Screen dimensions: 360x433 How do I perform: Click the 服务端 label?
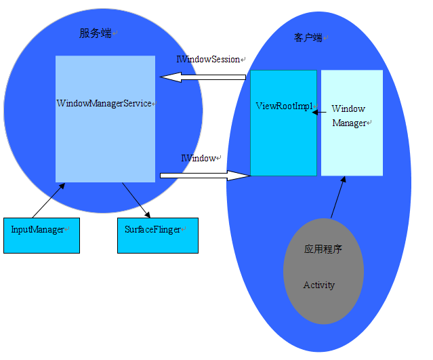tap(95, 33)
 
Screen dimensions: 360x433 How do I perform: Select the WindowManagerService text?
tap(104, 104)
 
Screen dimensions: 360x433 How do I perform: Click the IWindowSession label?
tap(209, 60)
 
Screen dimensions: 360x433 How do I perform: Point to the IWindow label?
tap(199, 158)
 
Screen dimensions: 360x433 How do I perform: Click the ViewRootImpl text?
tap(284, 106)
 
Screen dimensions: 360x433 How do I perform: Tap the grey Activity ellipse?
tap(323, 271)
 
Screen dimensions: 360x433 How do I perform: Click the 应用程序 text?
tap(323, 249)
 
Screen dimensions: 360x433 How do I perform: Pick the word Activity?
tap(319, 285)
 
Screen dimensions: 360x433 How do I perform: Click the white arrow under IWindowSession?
tap(203, 77)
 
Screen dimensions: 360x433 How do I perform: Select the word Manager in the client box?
tap(349, 123)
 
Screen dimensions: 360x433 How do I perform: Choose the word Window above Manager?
tap(348, 109)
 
